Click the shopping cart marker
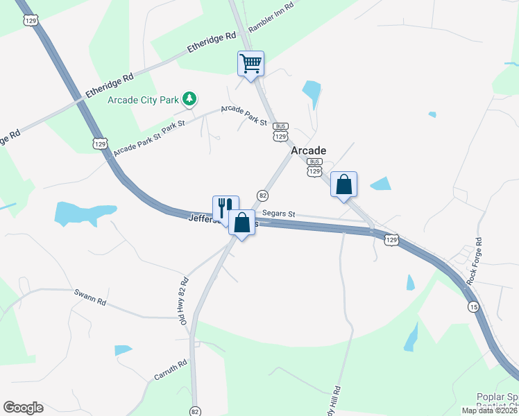pyautogui.click(x=250, y=63)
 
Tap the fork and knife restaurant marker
pyautogui.click(x=225, y=207)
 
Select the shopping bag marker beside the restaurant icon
pyautogui.click(x=242, y=223)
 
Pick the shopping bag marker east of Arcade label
pyautogui.click(x=343, y=184)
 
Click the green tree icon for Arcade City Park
pyautogui.click(x=189, y=100)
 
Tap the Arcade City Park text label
pyautogui.click(x=144, y=100)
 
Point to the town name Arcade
pyautogui.click(x=309, y=150)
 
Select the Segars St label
pyautogui.click(x=279, y=215)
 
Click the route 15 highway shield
pyautogui.click(x=473, y=307)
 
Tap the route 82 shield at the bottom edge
pyautogui.click(x=195, y=410)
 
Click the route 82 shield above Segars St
pyautogui.click(x=262, y=196)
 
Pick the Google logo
pyautogui.click(x=23, y=408)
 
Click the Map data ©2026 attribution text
pyautogui.click(x=490, y=410)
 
